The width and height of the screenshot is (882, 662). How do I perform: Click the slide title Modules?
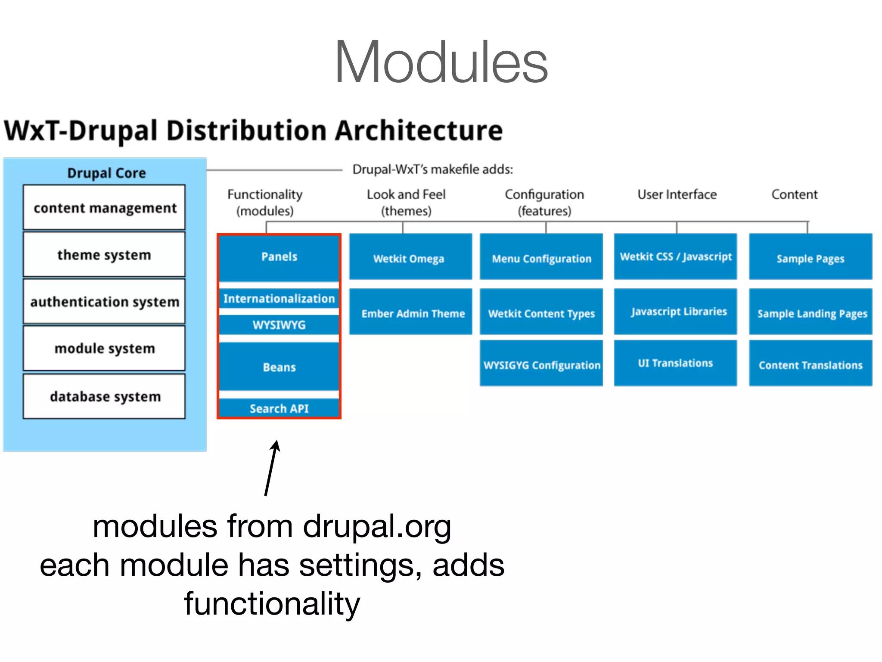point(441,62)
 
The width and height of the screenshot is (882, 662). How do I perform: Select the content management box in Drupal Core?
point(104,208)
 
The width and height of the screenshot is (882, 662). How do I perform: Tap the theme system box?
point(104,255)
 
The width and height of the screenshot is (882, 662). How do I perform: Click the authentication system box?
point(104,302)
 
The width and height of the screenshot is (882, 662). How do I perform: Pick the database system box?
point(104,396)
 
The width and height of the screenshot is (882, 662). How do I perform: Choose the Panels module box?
point(279,257)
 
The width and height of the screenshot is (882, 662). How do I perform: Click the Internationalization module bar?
point(279,299)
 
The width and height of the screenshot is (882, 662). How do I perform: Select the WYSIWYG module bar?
point(279,325)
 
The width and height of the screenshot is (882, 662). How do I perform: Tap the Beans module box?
point(279,367)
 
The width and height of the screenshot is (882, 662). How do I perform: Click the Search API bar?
point(279,408)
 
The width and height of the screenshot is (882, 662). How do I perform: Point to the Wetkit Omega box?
point(410,258)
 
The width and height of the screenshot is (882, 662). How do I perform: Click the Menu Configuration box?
point(541,258)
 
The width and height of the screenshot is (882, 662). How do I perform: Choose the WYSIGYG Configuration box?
point(541,364)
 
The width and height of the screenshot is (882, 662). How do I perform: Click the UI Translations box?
point(675,363)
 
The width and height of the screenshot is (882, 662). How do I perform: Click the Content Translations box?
point(811,364)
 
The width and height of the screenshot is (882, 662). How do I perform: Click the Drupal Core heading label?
point(106,173)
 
